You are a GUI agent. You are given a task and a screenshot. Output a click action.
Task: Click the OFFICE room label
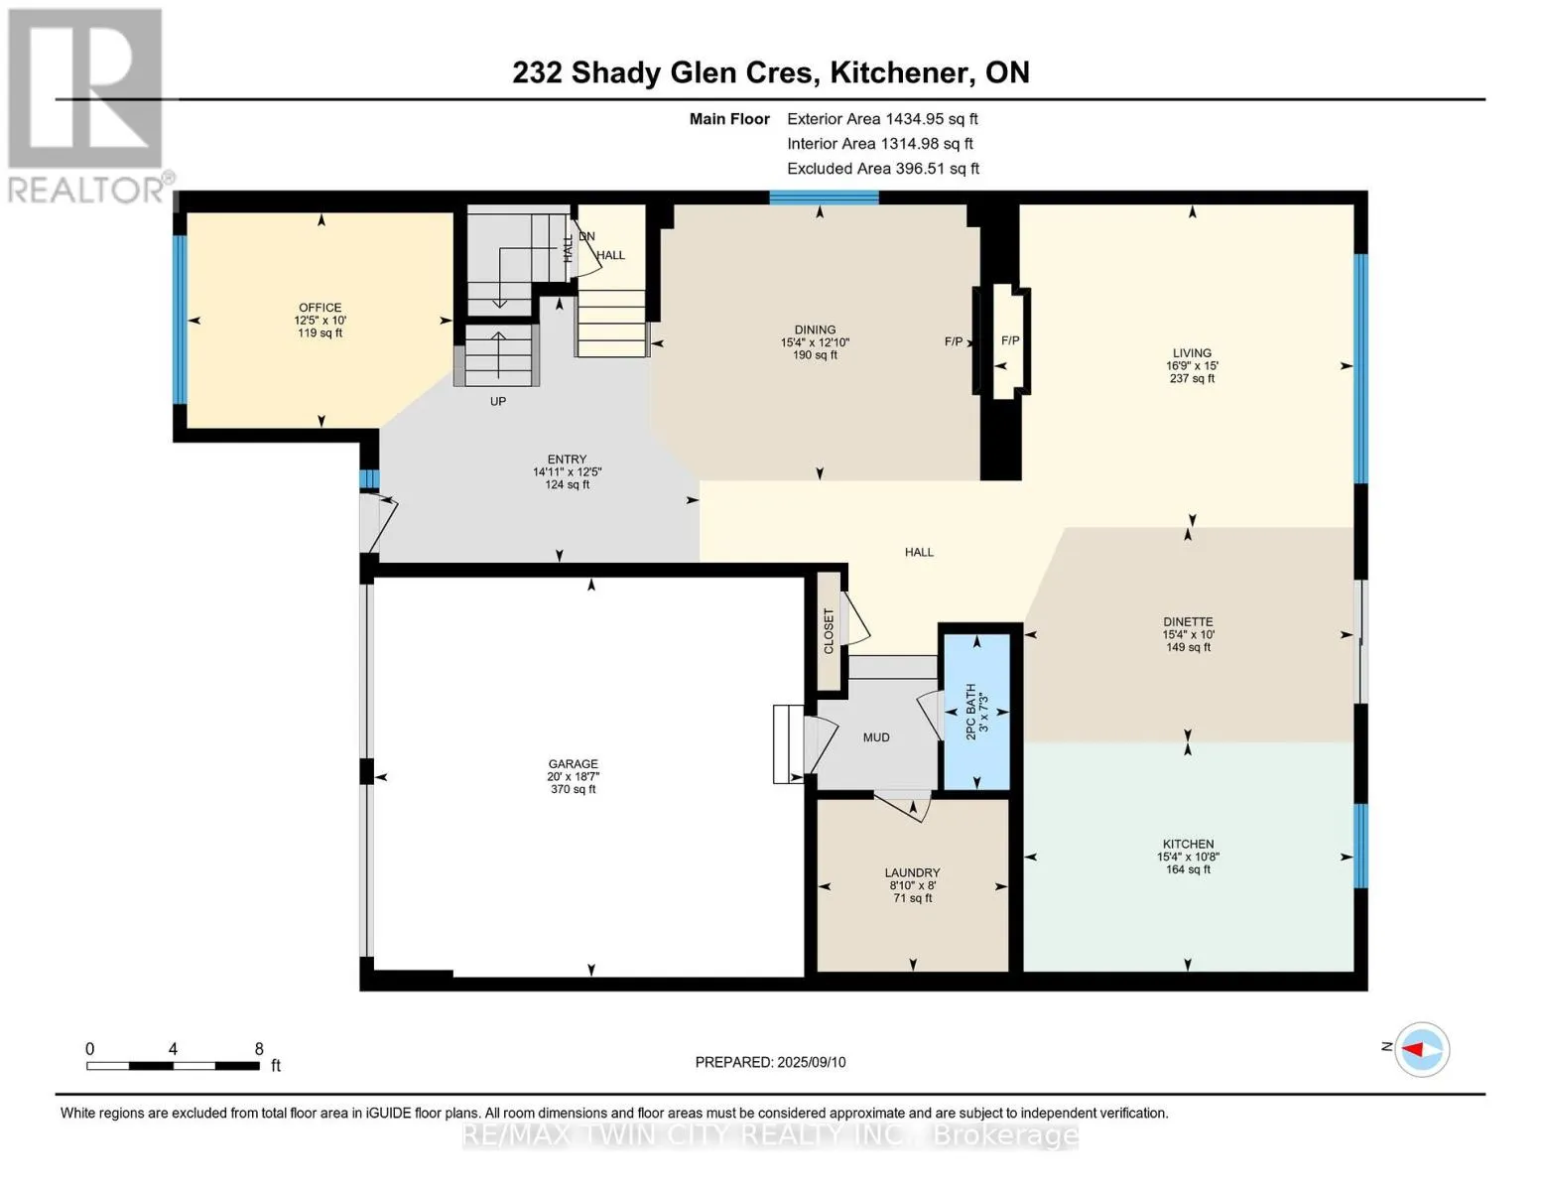320,307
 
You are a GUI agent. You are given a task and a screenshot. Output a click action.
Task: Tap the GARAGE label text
573,764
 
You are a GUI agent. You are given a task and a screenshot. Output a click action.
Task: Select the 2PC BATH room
976,712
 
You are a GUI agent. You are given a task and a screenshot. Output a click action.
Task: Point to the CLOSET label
829,630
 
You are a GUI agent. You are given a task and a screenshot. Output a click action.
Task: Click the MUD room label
876,737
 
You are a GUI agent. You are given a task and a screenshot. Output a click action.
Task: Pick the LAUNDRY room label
912,872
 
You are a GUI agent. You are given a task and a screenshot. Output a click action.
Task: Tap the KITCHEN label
1188,845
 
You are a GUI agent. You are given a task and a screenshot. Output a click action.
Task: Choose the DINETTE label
1188,621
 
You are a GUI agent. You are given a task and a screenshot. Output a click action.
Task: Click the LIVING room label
1192,352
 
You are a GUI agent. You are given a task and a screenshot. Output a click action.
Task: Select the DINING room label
815,330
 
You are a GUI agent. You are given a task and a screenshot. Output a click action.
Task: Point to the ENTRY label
567,459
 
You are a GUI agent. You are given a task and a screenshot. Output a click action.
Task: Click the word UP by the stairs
498,402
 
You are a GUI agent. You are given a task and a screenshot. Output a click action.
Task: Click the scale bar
173,1065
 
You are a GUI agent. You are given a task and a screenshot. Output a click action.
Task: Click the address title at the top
771,72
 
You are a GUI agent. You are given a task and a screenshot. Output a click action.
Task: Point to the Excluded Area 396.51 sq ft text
883,169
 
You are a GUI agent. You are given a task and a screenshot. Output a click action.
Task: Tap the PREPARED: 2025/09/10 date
770,1062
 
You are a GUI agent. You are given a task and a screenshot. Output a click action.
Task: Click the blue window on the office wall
181,320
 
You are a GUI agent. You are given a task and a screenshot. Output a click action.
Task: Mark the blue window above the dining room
824,198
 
